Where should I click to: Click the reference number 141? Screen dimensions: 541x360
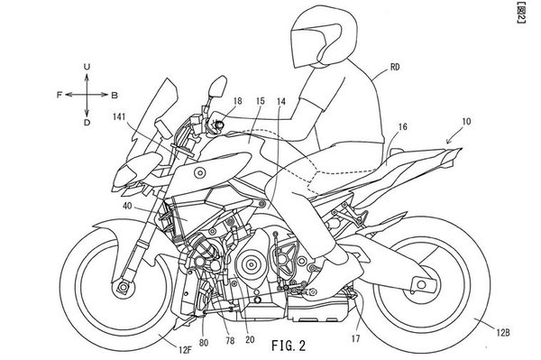(x=119, y=116)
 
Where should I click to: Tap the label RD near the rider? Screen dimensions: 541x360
(x=395, y=67)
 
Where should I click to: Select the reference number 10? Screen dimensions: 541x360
(x=466, y=122)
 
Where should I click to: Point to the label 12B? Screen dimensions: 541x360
(x=503, y=333)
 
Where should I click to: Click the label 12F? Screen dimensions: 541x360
(x=185, y=350)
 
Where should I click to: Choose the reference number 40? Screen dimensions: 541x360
(x=127, y=206)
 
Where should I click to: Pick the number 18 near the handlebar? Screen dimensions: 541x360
(x=238, y=101)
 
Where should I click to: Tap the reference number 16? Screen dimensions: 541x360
(x=403, y=127)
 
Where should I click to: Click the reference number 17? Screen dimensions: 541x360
(x=356, y=338)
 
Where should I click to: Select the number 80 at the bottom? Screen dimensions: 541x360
(x=204, y=342)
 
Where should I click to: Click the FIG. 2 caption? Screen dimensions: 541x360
(x=289, y=346)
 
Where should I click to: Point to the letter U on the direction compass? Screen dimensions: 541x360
(x=87, y=67)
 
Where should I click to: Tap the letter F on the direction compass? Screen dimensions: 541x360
(x=60, y=95)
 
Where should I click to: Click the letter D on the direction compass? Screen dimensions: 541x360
(x=87, y=122)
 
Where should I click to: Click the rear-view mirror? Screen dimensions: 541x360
(x=217, y=87)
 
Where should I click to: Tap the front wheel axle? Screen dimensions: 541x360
(x=123, y=287)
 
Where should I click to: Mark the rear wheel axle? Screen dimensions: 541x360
(x=421, y=285)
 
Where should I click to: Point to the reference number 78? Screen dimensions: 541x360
(x=230, y=341)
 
